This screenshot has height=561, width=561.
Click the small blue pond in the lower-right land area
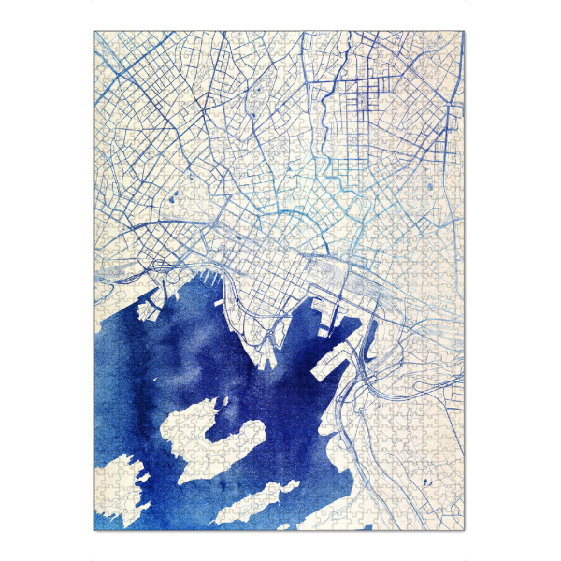[425, 483]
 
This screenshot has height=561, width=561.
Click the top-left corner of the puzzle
[94, 32]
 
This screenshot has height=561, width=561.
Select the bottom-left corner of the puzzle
[94, 531]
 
